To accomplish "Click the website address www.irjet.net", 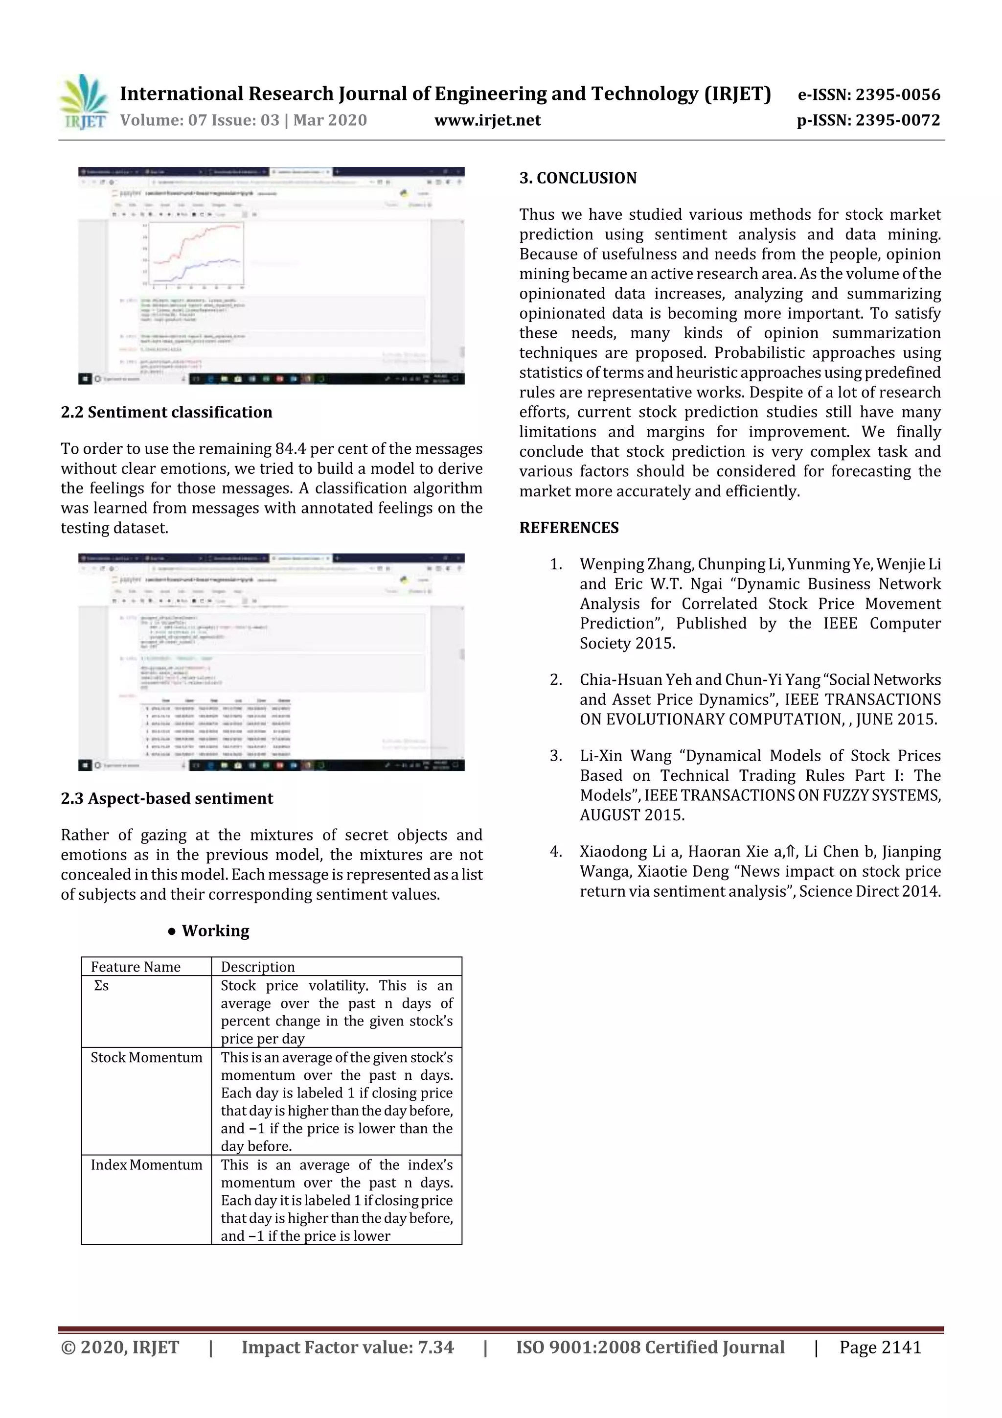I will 487,120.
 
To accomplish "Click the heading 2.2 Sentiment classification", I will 167,413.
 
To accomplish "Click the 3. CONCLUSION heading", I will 578,179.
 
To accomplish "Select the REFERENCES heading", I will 569,528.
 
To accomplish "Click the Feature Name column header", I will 136,967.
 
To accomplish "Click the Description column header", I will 257,967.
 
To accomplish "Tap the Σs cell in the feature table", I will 101,986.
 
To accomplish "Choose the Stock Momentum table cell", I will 146,1058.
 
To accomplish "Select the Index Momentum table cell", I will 146,1165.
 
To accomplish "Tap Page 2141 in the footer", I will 880,1348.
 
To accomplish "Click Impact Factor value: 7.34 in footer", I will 347,1348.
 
